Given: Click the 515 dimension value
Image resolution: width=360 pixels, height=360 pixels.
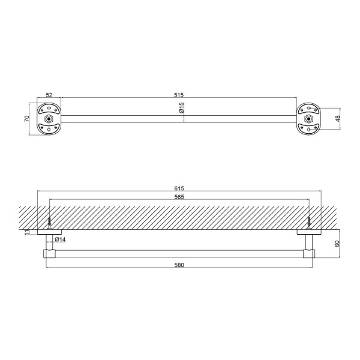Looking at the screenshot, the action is tap(179, 95).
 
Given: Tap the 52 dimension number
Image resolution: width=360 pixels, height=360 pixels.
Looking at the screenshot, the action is tap(49, 95).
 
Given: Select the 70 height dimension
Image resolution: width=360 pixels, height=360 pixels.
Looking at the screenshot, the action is tap(27, 119).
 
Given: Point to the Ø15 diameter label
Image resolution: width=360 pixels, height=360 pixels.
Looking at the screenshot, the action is tap(181, 107).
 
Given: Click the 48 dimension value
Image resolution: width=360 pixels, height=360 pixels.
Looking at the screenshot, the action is tap(338, 119).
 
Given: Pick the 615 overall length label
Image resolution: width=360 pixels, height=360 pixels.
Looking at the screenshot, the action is tap(179, 188).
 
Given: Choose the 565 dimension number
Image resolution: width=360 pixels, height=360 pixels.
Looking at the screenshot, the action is tap(179, 197).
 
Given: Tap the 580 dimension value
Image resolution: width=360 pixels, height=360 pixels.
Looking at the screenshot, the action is tap(179, 265).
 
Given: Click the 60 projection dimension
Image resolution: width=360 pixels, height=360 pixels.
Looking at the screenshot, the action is tap(337, 244).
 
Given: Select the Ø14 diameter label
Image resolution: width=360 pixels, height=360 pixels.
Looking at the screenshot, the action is tap(60, 239).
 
